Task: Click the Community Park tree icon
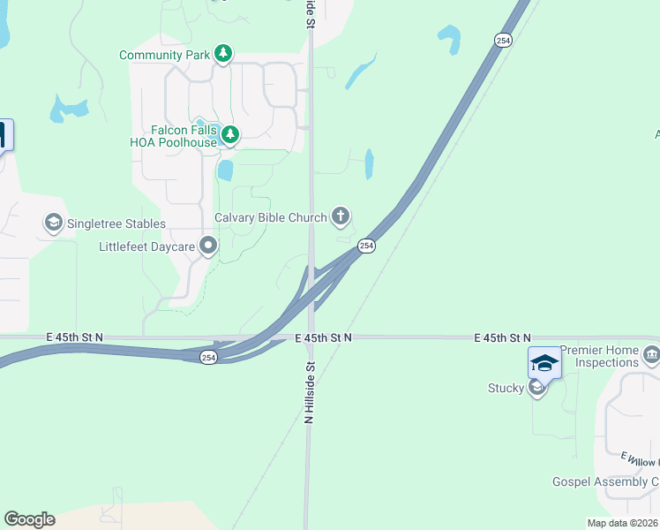(224, 54)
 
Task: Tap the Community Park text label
(165, 55)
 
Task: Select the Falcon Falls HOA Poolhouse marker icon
(230, 134)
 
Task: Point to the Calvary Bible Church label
(270, 217)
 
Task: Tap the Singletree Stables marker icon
(53, 223)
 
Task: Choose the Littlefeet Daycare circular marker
(208, 246)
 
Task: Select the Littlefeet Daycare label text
(146, 246)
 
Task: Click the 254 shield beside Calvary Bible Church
(367, 246)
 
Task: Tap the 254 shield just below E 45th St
(208, 357)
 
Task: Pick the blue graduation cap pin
(544, 362)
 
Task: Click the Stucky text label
(506, 388)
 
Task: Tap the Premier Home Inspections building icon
(652, 355)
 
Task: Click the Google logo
(29, 519)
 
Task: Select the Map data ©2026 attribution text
(622, 523)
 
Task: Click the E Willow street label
(640, 459)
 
